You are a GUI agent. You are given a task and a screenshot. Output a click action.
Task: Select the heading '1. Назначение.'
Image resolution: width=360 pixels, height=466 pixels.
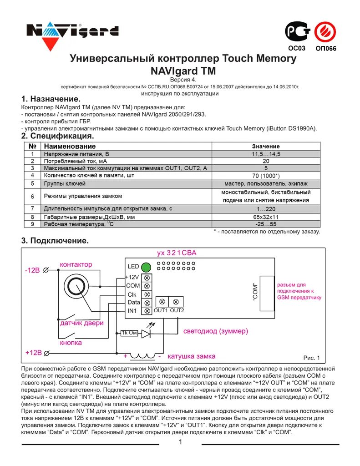pyautogui.click(x=51, y=99)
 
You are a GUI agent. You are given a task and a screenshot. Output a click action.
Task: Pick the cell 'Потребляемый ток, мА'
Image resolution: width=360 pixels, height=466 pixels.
pyautogui.click(x=76, y=161)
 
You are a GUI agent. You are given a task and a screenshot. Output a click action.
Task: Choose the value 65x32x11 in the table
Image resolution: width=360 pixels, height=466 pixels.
pyautogui.click(x=266, y=217)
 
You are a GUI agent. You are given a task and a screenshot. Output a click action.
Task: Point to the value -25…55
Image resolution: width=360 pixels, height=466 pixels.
pyautogui.click(x=266, y=224)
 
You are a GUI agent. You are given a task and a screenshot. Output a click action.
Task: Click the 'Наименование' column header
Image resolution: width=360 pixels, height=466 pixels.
pyautogui.click(x=70, y=147)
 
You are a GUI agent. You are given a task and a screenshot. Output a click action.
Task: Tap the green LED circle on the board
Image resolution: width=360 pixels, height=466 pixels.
pyautogui.click(x=146, y=267)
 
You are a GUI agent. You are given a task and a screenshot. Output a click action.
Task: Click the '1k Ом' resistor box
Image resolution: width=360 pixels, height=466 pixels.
pyautogui.click(x=129, y=333)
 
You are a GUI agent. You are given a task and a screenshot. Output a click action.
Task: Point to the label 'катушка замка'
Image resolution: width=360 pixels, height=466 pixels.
pyautogui.click(x=192, y=356)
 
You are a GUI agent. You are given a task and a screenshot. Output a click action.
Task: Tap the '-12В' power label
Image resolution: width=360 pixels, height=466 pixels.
pyautogui.click(x=33, y=270)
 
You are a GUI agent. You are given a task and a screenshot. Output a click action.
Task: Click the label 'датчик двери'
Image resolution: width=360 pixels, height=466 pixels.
pyautogui.click(x=82, y=323)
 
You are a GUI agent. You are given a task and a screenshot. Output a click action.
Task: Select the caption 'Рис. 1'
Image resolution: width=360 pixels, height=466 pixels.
pyautogui.click(x=312, y=358)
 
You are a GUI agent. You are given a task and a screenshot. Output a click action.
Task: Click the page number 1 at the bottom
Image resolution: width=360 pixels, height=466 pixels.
pyautogui.click(x=180, y=442)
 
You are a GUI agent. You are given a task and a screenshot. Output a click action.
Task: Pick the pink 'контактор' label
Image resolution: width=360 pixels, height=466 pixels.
pyautogui.click(x=76, y=264)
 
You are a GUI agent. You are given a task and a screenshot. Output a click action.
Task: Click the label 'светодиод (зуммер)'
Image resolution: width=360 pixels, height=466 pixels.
pyautogui.click(x=216, y=331)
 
